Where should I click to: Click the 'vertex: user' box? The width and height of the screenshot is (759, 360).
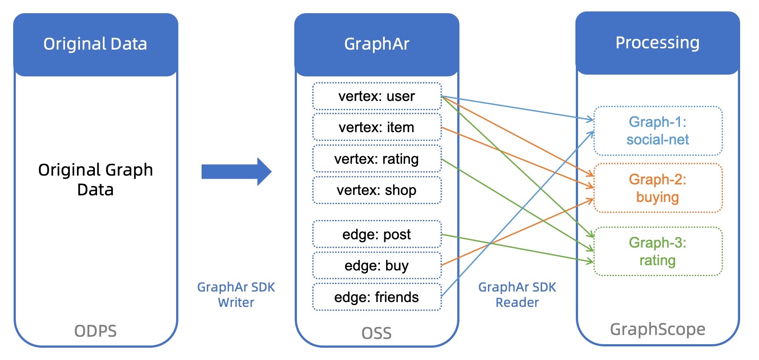coord(376,96)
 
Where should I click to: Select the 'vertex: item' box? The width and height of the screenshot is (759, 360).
coord(376,127)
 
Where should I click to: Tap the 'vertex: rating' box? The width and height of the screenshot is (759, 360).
coord(376,159)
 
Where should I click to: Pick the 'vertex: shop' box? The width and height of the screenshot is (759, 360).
coord(376,190)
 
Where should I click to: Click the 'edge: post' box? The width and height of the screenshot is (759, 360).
coord(376,234)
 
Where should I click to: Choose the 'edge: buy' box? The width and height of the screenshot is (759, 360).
coord(376,266)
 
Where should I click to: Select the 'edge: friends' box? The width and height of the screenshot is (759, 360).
coord(376,297)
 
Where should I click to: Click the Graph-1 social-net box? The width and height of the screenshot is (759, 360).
coord(658,131)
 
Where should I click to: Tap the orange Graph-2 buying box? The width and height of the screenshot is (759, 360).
coord(658,188)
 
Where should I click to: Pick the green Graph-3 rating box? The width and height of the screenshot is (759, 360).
coord(658,252)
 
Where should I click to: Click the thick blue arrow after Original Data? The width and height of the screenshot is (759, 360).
coord(236,172)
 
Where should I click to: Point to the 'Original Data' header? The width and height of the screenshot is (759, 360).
coord(95,44)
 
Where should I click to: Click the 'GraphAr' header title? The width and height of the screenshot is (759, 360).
coord(376,44)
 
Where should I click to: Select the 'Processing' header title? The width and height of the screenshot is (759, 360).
coord(658,43)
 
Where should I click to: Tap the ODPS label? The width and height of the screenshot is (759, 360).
coord(95,331)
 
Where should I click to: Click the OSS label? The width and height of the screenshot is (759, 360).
coord(376,333)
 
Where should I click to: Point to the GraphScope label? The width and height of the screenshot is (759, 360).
coord(658,329)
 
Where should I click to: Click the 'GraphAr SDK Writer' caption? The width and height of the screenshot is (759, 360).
coord(236,295)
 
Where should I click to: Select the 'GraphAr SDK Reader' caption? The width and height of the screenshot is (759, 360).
coord(517,295)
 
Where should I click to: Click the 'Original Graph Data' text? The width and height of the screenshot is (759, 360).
coord(95,180)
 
